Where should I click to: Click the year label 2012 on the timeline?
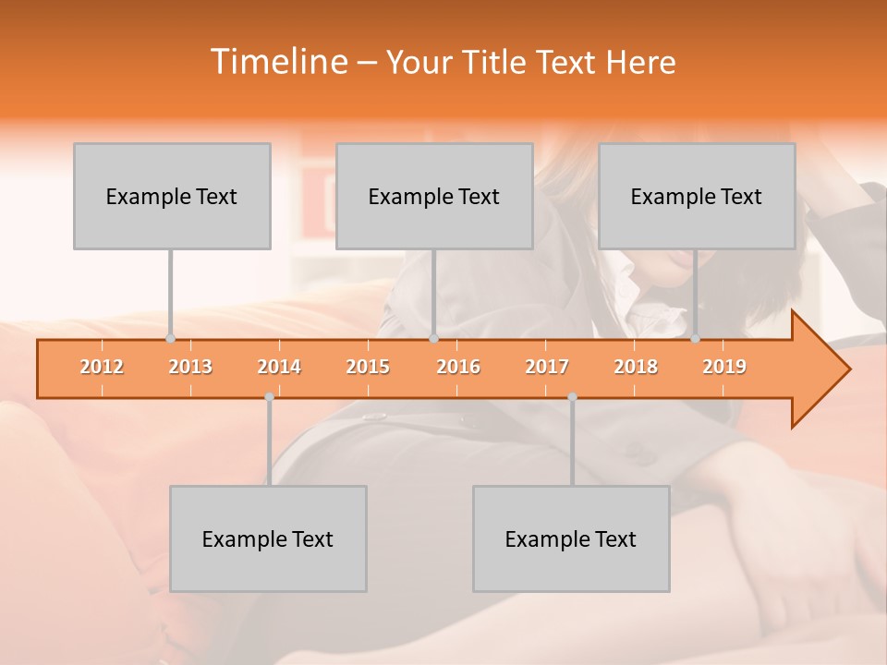point(102,367)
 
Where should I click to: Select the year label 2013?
point(190,367)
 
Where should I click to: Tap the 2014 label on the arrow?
point(279,367)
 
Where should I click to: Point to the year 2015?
point(368,367)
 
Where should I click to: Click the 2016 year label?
point(458,367)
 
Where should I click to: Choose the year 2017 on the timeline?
point(547,367)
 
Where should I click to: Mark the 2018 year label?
point(636,367)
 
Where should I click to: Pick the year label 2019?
point(724,367)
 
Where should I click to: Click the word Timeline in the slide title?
point(277,62)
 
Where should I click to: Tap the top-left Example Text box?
point(172,196)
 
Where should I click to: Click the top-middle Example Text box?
point(434,196)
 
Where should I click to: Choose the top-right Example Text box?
point(697,196)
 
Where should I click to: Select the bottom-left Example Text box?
point(268,538)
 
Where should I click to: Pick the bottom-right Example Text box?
point(571,538)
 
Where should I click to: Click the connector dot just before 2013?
point(170,339)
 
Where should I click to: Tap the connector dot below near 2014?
point(269,396)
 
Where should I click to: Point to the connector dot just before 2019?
point(695,339)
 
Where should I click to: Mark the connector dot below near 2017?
point(572,396)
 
